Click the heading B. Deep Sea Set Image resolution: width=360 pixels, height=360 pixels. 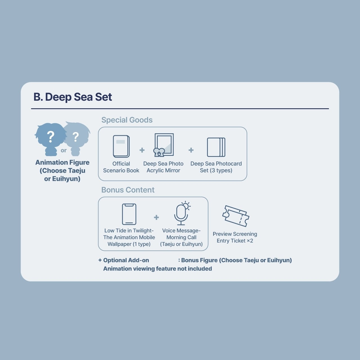73,97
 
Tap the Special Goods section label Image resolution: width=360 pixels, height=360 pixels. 127,120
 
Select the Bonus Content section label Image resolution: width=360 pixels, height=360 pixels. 128,190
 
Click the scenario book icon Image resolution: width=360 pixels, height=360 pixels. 121,146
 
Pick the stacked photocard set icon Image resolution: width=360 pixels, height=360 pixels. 216,147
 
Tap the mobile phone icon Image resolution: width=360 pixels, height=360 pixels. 129,214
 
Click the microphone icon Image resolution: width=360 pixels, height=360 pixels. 181,214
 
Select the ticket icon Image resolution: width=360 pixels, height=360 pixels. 236,216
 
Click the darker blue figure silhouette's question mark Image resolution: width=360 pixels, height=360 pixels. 50,137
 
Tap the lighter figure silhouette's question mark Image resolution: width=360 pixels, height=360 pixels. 76,137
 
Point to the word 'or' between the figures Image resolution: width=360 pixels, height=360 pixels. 64,150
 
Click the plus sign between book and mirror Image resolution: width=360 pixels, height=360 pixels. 142,150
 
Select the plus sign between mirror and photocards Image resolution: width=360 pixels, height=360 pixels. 191,150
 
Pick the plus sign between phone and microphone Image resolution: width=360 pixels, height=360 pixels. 156,217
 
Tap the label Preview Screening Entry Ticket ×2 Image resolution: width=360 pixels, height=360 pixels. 235,237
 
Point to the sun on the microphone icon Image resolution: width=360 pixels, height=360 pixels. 186,206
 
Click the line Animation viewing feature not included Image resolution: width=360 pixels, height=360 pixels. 157,269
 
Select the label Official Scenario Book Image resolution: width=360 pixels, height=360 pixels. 121,167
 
